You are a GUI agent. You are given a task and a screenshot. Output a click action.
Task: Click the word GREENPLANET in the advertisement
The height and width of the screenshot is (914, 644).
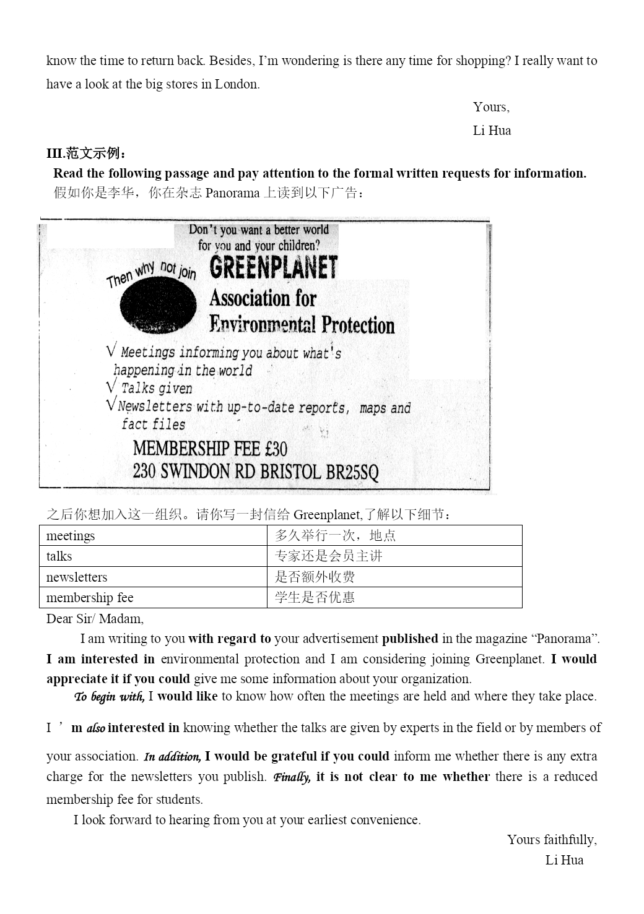coord(273,268)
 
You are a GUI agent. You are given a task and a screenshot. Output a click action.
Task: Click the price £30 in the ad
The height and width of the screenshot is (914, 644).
coord(276,449)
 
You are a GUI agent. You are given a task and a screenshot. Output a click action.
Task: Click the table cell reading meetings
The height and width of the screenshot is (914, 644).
coord(71,536)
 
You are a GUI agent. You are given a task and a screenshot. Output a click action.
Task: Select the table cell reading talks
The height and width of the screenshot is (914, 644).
coord(59,556)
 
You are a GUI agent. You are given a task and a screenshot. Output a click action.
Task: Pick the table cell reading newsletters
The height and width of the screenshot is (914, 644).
coord(77,577)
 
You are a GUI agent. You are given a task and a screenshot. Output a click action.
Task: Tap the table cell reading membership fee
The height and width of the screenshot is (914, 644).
coord(90,598)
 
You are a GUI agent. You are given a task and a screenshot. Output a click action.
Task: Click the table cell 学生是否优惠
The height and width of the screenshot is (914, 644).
coord(315,598)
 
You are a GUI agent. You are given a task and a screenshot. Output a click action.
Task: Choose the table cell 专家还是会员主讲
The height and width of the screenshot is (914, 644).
coord(328,556)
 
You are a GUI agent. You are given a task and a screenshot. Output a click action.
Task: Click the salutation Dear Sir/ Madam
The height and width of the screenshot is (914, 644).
coord(95,619)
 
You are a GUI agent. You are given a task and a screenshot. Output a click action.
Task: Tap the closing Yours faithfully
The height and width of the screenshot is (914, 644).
coord(552,840)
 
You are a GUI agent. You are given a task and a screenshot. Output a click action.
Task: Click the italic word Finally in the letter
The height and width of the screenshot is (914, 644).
coord(292,777)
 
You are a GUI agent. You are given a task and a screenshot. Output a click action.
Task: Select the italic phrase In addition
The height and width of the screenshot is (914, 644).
coord(172,756)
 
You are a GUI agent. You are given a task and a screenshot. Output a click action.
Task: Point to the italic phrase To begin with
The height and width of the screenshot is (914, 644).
coord(109,697)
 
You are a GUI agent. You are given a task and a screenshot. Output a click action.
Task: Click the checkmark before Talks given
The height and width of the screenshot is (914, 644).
coord(111,387)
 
